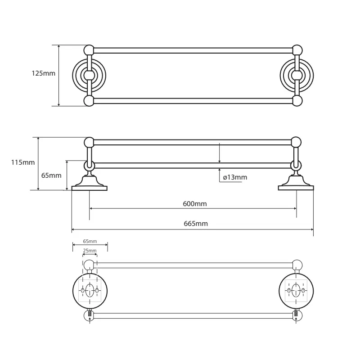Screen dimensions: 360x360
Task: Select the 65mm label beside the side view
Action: [51, 175]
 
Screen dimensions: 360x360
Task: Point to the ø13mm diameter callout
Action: [235, 177]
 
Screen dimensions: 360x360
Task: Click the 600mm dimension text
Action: [194, 204]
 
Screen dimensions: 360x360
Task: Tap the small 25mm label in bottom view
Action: [90, 251]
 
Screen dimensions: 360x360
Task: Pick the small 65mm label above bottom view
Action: [90, 242]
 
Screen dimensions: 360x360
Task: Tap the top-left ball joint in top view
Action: [89, 50]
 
